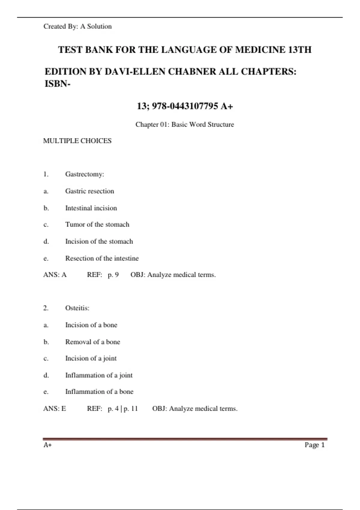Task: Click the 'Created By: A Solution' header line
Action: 77,26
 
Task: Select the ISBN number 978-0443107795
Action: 185,106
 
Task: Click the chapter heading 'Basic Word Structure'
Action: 202,124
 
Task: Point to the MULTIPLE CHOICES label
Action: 77,141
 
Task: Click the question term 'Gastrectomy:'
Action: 85,174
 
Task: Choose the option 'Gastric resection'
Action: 90,191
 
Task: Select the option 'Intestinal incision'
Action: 91,208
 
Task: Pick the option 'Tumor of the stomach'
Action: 97,224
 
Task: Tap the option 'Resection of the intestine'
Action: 102,258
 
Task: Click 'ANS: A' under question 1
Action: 55,275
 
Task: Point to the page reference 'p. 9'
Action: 113,275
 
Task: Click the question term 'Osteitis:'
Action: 77,308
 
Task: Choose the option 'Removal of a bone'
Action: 93,342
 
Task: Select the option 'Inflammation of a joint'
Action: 99,375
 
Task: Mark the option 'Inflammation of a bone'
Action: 99,392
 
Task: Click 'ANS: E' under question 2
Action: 55,409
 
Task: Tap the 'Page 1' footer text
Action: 314,445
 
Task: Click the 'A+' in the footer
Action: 47,445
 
